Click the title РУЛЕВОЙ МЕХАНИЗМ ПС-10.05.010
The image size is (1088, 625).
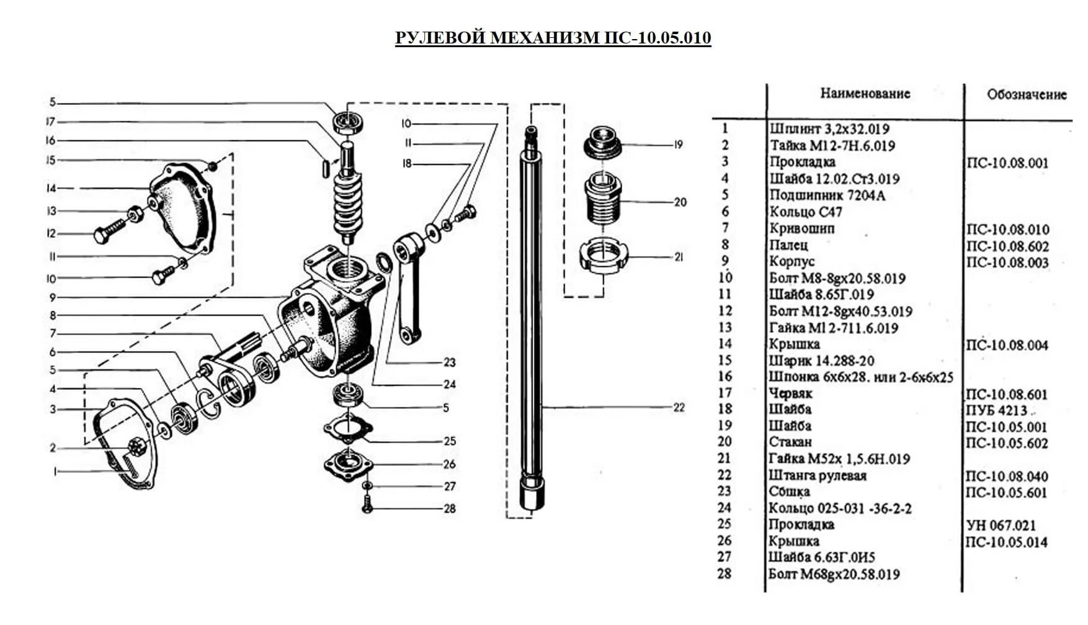click(553, 38)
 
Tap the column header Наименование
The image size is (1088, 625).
click(865, 94)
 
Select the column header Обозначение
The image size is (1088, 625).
click(1027, 95)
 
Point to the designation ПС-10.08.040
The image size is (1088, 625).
click(1007, 477)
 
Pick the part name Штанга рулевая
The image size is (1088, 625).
click(818, 476)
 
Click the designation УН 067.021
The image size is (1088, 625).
click(1001, 525)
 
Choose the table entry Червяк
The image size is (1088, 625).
click(790, 393)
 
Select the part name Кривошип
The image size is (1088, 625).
click(801, 228)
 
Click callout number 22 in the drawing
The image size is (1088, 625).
click(679, 408)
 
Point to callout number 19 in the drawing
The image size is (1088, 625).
click(678, 145)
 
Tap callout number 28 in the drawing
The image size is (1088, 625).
click(450, 509)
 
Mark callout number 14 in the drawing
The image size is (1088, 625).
click(51, 188)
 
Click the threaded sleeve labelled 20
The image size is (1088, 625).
click(604, 200)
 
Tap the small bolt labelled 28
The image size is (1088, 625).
click(367, 504)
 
